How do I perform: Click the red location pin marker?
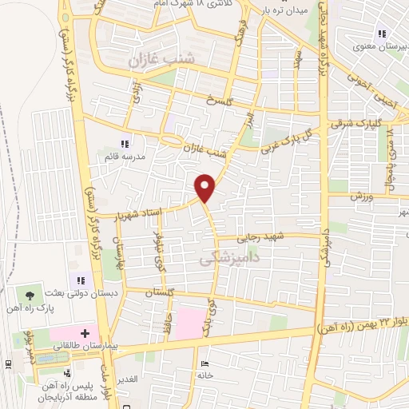[205, 187]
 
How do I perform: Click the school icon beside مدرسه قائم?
[124, 144]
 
